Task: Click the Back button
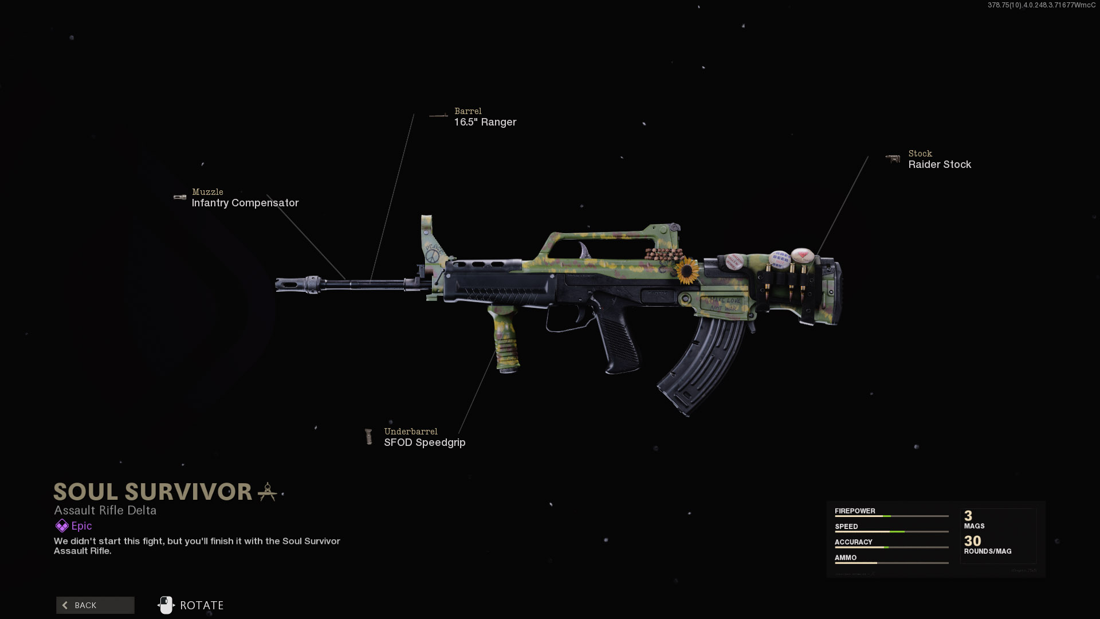95,605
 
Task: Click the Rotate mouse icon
166,605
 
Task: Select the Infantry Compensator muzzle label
245,203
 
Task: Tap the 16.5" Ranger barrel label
485,122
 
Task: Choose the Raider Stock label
940,164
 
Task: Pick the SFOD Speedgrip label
425,442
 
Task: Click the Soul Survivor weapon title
153,492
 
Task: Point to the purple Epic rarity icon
61,526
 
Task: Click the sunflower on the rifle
686,271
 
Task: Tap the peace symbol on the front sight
432,255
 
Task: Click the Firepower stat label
855,511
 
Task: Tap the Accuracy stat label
853,542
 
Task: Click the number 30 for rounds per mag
972,541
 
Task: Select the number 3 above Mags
968,516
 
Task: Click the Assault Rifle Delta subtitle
105,511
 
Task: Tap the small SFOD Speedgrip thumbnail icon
369,437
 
